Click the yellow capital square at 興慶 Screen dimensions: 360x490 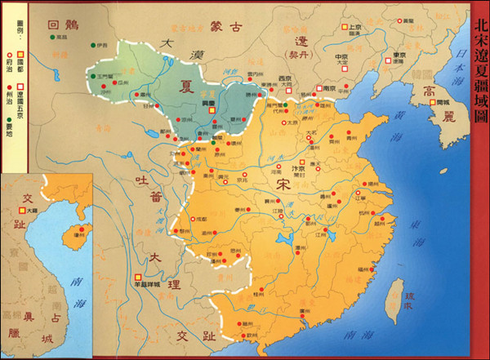click(210, 111)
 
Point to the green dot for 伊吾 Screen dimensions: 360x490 click(94, 44)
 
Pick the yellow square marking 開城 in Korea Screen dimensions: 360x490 click(434, 103)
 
